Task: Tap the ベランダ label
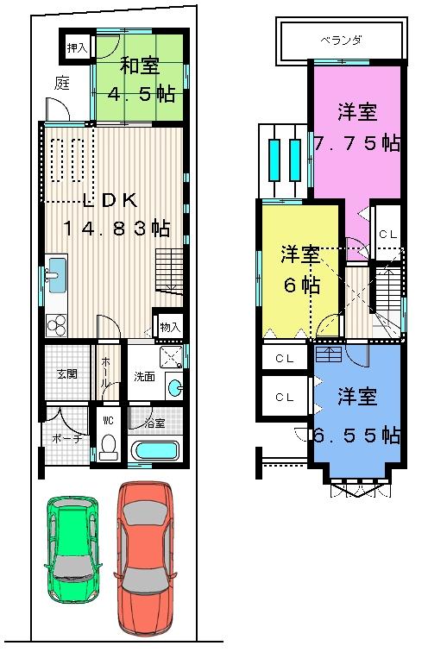click(x=340, y=41)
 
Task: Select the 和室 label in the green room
click(x=138, y=66)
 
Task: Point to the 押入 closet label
click(x=77, y=48)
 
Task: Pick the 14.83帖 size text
click(x=116, y=229)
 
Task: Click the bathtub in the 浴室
click(x=156, y=450)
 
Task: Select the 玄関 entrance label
click(x=67, y=373)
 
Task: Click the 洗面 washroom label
click(x=143, y=376)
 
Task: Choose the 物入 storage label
click(x=169, y=327)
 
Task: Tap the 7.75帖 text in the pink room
click(x=357, y=143)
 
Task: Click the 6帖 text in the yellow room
click(x=299, y=285)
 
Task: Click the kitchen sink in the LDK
click(x=54, y=277)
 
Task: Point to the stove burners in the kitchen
click(x=56, y=325)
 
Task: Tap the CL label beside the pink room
click(x=387, y=234)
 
